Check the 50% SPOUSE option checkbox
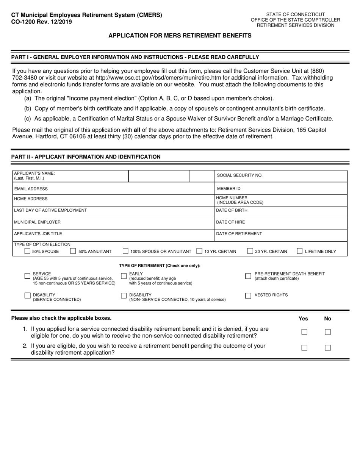click(x=27, y=251)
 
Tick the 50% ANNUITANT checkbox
click(x=73, y=251)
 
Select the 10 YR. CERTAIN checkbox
click(x=199, y=251)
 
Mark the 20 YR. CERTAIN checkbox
click(x=250, y=251)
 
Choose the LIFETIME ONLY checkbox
click(x=300, y=251)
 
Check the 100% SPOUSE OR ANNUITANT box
click(x=125, y=251)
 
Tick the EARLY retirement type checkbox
click(x=124, y=276)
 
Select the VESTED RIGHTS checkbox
click(x=248, y=296)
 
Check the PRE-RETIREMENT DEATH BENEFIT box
click(x=248, y=276)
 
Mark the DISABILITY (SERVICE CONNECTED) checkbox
click(x=27, y=296)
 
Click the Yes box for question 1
click(x=304, y=332)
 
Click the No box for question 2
click(x=328, y=348)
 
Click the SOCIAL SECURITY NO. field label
click(x=239, y=175)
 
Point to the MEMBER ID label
click(x=229, y=189)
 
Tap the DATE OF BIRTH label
click(x=232, y=211)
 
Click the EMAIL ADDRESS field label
click(x=31, y=189)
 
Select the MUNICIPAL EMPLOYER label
click(x=37, y=222)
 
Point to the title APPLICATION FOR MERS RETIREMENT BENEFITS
click(x=180, y=36)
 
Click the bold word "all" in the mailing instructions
click(x=137, y=130)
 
